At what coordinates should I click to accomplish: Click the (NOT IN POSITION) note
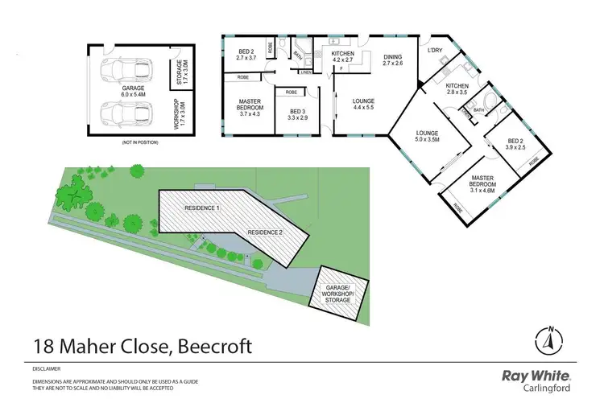pos(140,142)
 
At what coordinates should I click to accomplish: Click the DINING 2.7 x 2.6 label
pos(392,60)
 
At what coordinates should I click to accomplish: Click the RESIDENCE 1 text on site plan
pos(202,208)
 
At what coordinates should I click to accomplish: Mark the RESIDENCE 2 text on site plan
pos(265,232)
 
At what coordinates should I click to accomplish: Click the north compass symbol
pos(548,340)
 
